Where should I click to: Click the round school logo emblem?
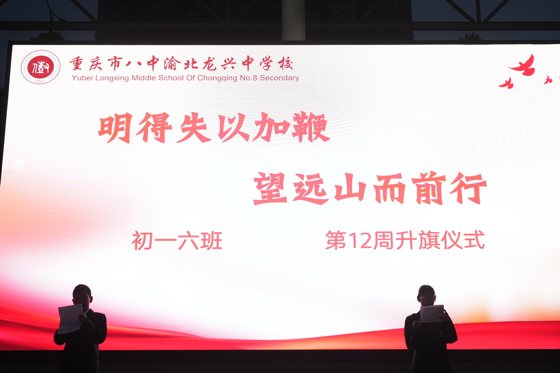click(x=40, y=67)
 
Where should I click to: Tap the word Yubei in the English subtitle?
click(x=82, y=78)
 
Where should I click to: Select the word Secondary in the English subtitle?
click(x=279, y=78)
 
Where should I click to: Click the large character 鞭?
click(x=311, y=127)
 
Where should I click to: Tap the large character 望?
click(x=270, y=189)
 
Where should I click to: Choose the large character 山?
click(x=351, y=189)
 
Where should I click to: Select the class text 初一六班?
click(x=177, y=241)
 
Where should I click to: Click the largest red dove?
click(x=523, y=66)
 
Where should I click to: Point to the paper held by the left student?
click(x=70, y=319)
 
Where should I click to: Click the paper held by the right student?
click(x=432, y=313)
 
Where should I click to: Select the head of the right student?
click(x=426, y=295)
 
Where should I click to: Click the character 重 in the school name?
click(x=76, y=64)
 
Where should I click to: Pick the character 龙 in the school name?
click(x=209, y=64)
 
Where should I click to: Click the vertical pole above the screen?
click(x=293, y=20)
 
